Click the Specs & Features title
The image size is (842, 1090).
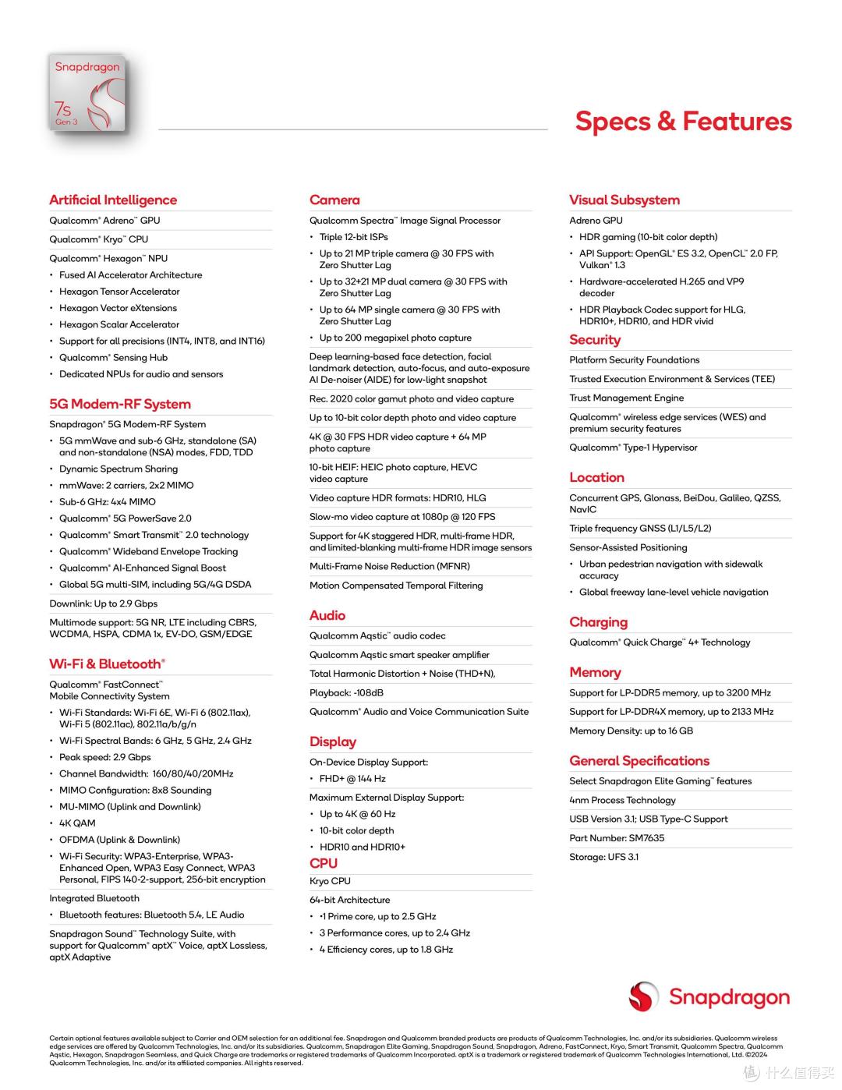(683, 121)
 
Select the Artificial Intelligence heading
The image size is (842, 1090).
(113, 200)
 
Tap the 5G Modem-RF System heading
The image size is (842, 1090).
(120, 404)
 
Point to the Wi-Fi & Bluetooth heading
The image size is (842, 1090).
(107, 664)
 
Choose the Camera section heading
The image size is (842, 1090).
(334, 200)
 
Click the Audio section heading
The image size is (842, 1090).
(327, 615)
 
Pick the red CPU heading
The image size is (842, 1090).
(324, 863)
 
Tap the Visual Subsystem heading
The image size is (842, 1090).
(624, 200)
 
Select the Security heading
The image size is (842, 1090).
(595, 339)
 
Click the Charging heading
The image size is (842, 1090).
(598, 621)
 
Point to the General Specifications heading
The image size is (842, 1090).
(639, 760)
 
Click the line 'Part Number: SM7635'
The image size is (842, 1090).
(617, 838)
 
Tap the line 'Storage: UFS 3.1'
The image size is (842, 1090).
(603, 857)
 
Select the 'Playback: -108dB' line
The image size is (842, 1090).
(346, 692)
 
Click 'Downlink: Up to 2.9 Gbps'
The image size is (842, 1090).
(104, 603)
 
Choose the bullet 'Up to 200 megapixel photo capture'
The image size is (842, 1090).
(395, 338)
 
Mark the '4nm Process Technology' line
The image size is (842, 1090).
(622, 800)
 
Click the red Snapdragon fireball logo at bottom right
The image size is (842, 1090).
(645, 996)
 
